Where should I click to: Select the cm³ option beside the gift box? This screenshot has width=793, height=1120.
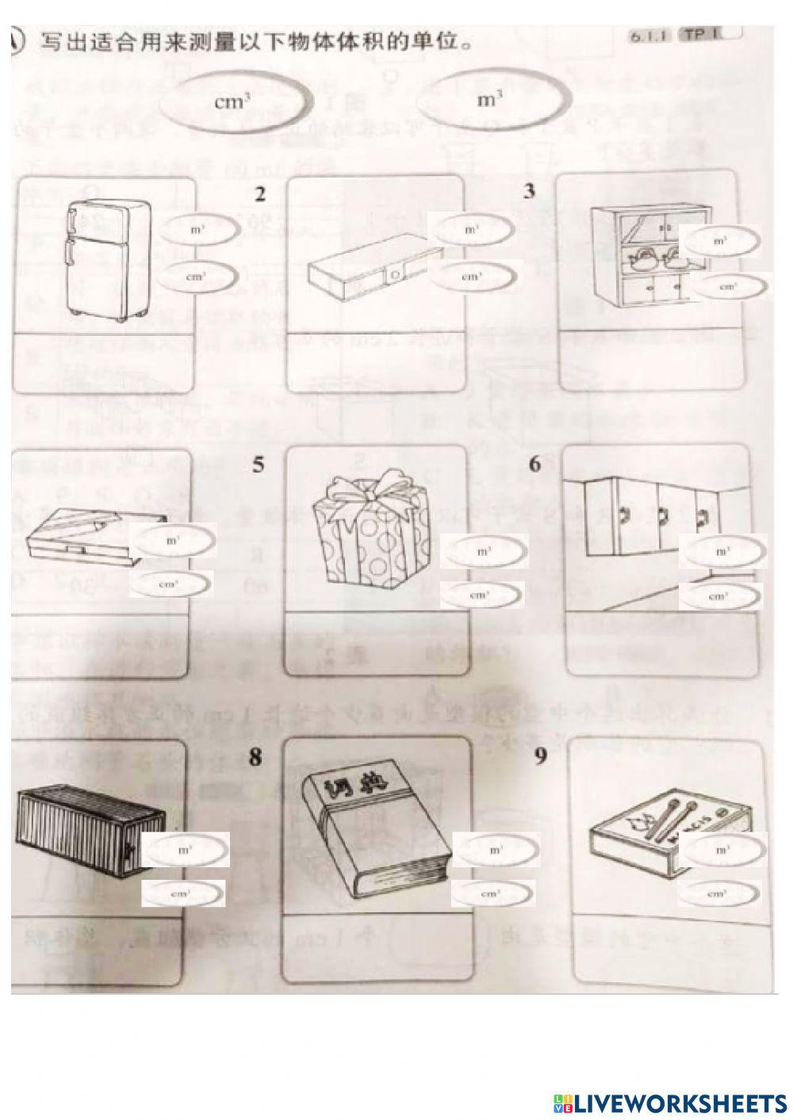(481, 594)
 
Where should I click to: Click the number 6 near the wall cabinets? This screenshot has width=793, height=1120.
(534, 464)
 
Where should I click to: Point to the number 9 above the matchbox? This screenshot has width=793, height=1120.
(541, 757)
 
